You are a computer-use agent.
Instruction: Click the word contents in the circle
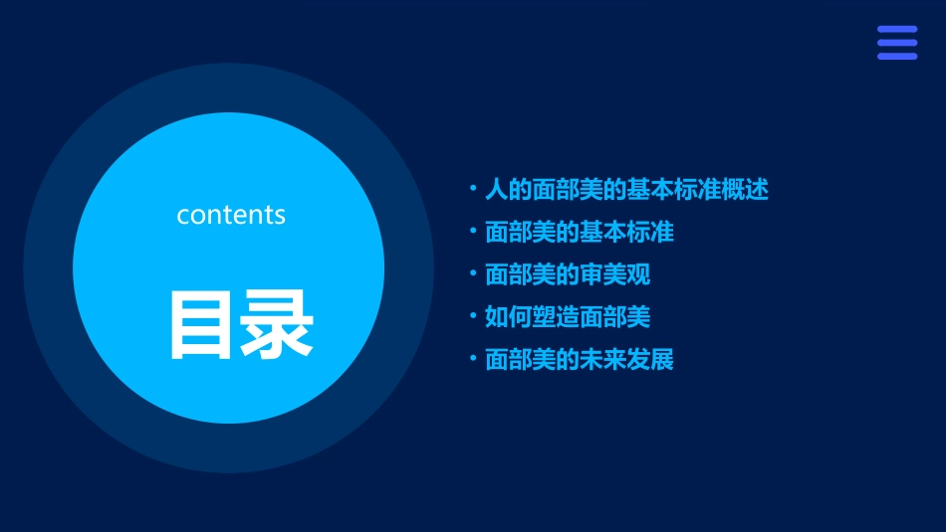[231, 215]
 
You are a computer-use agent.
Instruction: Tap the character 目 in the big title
[202, 324]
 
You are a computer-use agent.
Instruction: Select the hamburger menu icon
[896, 43]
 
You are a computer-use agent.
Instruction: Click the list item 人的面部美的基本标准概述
[626, 190]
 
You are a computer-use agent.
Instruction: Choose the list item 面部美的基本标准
[579, 233]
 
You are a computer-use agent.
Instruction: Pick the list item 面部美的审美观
[567, 274]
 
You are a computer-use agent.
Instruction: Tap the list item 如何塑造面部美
[567, 317]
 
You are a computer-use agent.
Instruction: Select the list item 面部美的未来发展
[579, 360]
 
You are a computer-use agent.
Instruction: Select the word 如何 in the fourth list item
[508, 317]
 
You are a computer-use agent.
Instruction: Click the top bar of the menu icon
[896, 30]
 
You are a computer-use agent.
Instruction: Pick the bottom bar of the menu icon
[896, 56]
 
